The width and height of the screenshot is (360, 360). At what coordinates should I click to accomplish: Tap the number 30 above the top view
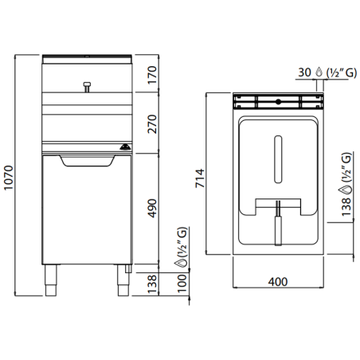[x=303, y=72]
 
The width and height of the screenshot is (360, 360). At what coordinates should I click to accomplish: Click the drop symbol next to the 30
[x=319, y=72]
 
